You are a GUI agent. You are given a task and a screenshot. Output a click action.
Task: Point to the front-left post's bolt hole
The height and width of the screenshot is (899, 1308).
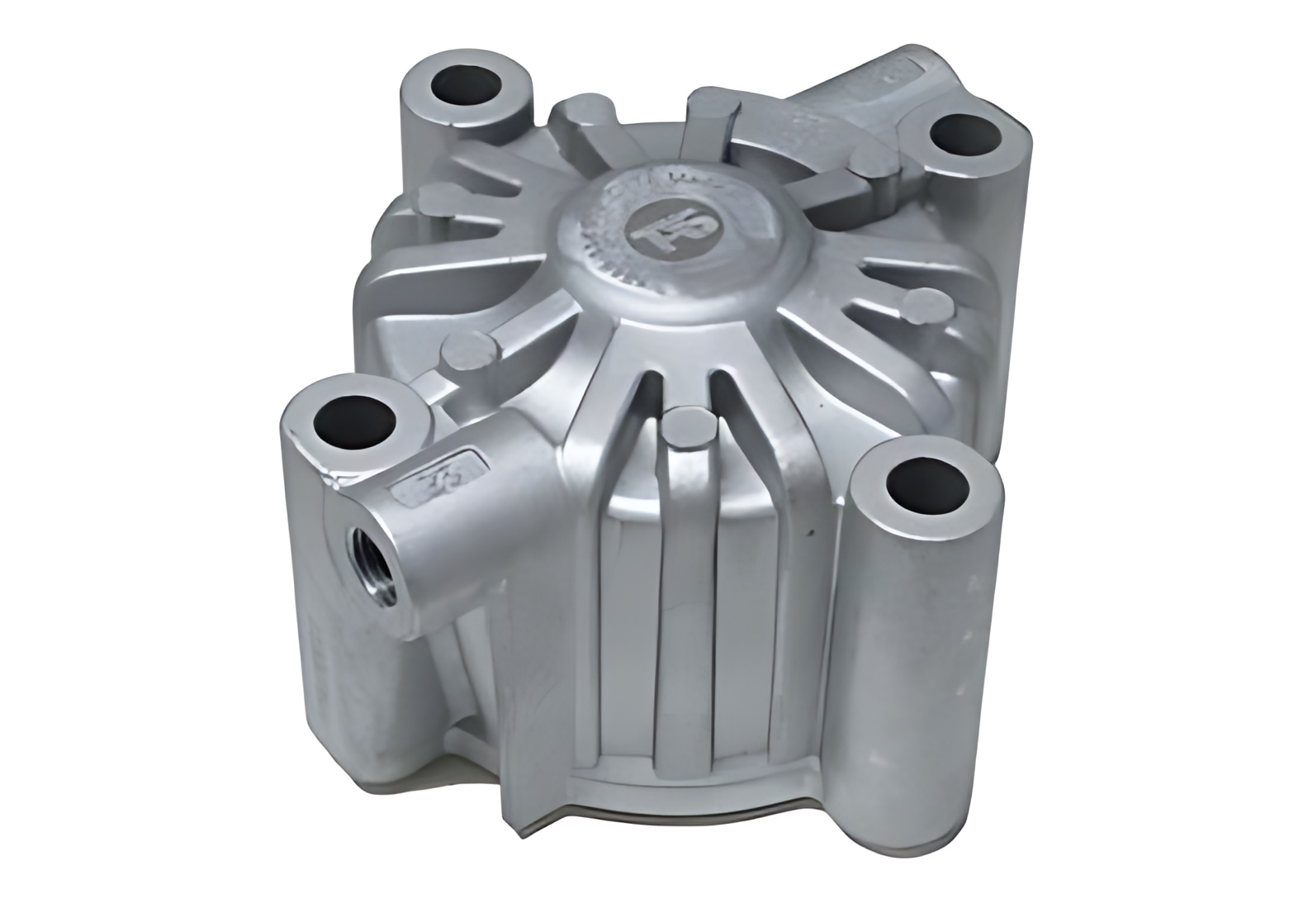pyautogui.click(x=357, y=414)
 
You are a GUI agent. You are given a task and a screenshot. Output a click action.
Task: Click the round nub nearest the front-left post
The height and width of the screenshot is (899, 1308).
pyautogui.click(x=468, y=353)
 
